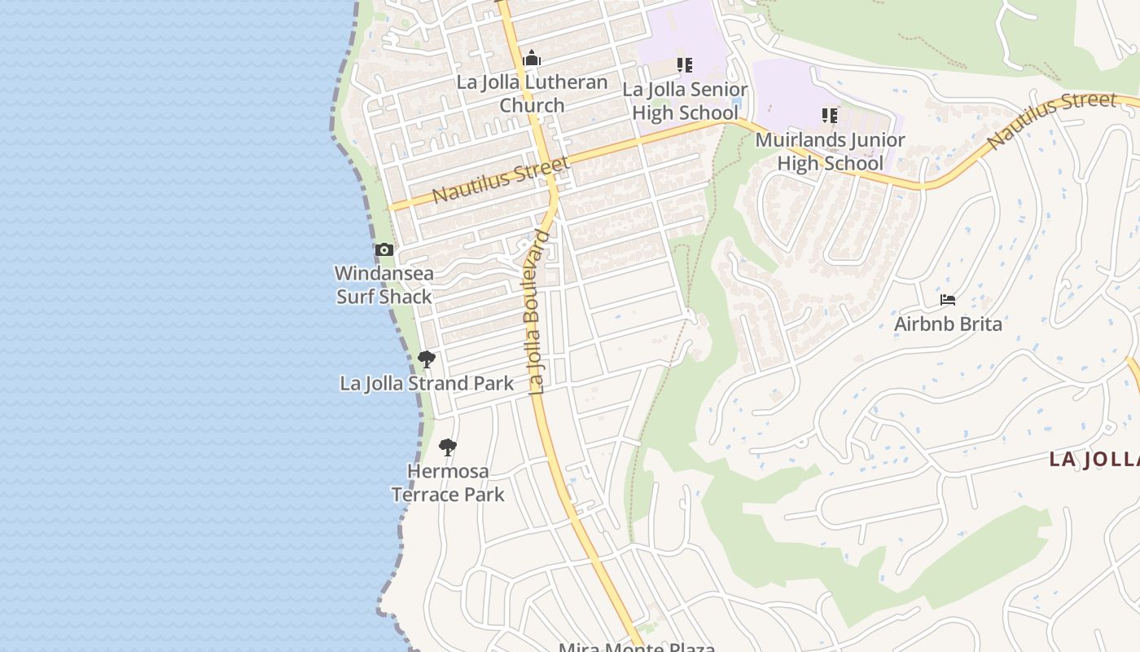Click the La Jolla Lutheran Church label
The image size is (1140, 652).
pos(532,94)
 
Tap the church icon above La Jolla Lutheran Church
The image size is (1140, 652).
pos(532,59)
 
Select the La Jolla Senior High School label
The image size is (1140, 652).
pos(685,101)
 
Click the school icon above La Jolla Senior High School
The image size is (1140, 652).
pos(685,65)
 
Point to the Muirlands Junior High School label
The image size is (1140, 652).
pos(830,152)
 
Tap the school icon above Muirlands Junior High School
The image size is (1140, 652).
pos(830,116)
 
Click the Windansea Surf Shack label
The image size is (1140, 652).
pos(384,284)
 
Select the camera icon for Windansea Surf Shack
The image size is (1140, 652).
pos(384,250)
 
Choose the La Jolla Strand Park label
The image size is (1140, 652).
pos(427,383)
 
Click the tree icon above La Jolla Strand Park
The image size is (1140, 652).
pos(426,359)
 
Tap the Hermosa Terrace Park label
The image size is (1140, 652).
pos(448,482)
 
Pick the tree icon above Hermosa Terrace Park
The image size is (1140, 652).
pos(447,447)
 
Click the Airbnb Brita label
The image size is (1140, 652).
pos(948,324)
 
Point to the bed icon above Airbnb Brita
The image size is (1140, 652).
pos(948,300)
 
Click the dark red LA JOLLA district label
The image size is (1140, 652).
pos(1094,459)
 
